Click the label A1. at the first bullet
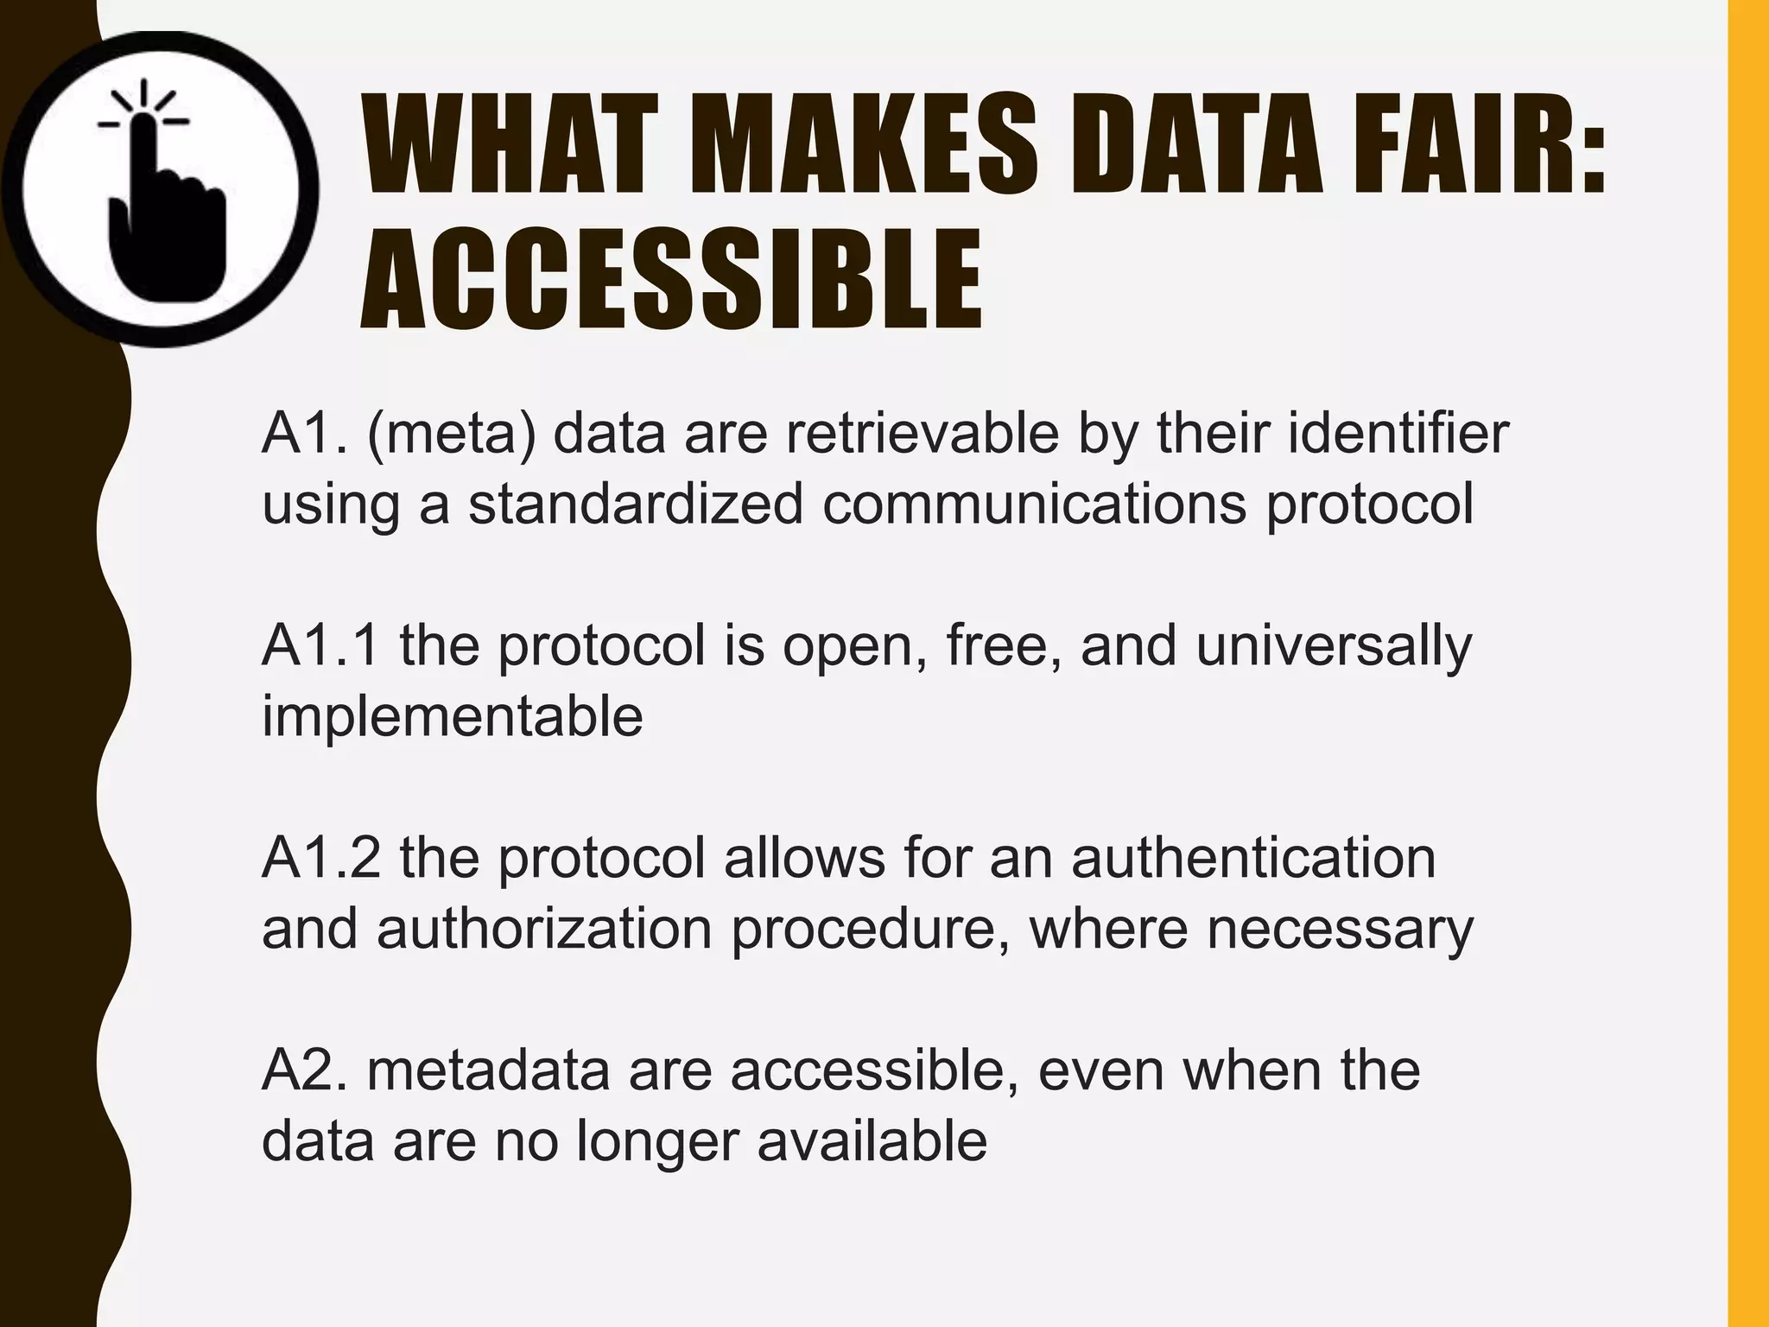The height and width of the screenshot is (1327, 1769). tap(306, 434)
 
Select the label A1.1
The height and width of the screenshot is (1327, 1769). tap(320, 645)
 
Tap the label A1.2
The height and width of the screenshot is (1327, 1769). tap(320, 858)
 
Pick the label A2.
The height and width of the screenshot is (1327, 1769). tap(306, 1070)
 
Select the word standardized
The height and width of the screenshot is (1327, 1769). tap(636, 505)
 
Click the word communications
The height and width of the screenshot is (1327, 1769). tap(1034, 505)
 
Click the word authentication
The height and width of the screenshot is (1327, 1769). tap(1253, 858)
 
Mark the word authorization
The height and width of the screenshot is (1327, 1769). tap(544, 929)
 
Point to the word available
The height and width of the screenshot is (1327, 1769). tap(872, 1140)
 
